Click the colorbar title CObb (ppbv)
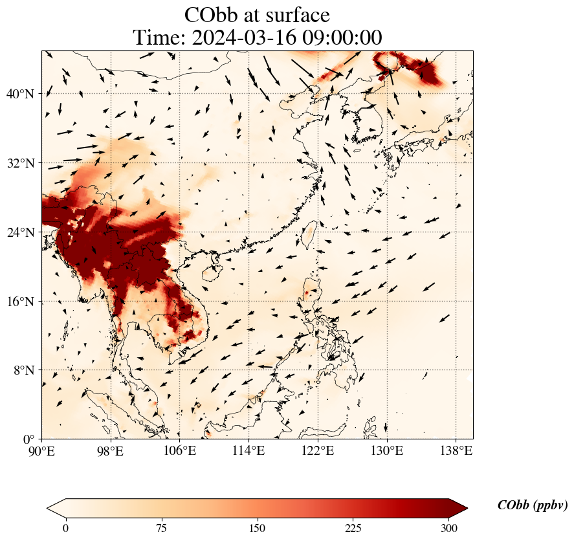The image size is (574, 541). pos(532,505)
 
